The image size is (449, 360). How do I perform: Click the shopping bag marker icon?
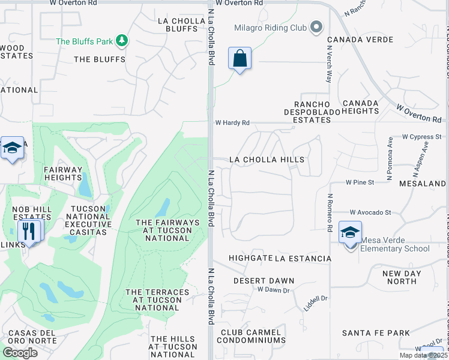point(240,59)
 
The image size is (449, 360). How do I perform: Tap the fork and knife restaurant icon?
point(29,230)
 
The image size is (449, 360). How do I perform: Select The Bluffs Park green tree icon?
point(122,41)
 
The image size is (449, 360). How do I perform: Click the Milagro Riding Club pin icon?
point(317,28)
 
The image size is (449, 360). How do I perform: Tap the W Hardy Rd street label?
point(232,123)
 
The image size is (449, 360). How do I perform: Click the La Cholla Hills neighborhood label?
point(267,160)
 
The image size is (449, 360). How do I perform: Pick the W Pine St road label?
point(360,182)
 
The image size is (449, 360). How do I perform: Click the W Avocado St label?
point(371,212)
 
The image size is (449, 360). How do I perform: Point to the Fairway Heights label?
point(62,174)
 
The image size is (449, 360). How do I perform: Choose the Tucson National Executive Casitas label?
point(91,220)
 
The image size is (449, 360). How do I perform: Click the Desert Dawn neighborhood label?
point(264,281)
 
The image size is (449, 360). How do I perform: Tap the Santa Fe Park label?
point(376,333)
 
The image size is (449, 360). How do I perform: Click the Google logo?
point(20,352)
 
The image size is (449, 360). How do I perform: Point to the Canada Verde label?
point(360,40)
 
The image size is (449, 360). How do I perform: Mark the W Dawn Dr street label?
point(273,290)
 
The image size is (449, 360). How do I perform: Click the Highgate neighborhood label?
point(249,259)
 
